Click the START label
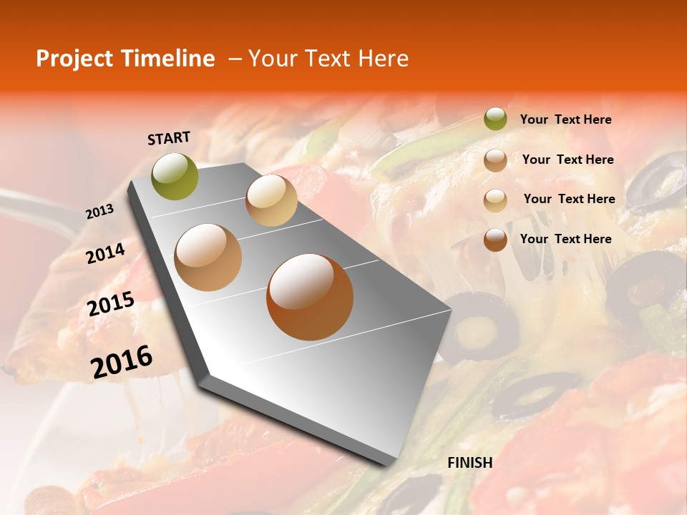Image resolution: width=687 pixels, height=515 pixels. pyautogui.click(x=169, y=138)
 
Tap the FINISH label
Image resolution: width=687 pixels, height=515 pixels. pyautogui.click(x=469, y=463)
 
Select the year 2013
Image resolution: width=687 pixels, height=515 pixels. pyautogui.click(x=99, y=212)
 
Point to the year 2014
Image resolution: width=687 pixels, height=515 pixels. pyautogui.click(x=105, y=254)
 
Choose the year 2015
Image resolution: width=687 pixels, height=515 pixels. pyautogui.click(x=110, y=304)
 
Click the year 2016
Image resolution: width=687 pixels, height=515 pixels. pyautogui.click(x=122, y=362)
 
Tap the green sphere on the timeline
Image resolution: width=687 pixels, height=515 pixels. pyautogui.click(x=175, y=176)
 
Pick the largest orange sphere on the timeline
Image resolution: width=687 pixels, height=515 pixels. pyautogui.click(x=309, y=297)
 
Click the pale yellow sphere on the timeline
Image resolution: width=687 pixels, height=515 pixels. pyautogui.click(x=271, y=200)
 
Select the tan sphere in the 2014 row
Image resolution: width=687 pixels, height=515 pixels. pyautogui.click(x=208, y=257)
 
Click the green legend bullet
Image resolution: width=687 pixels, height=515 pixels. pyautogui.click(x=495, y=119)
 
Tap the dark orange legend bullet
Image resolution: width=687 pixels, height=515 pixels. pyautogui.click(x=495, y=240)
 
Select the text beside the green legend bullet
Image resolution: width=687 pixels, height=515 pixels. pyautogui.click(x=565, y=119)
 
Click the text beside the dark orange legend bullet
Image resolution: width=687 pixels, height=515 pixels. pyautogui.click(x=565, y=239)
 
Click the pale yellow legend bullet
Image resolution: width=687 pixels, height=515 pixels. pyautogui.click(x=495, y=200)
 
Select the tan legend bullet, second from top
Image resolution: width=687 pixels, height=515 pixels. pyautogui.click(x=495, y=160)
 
